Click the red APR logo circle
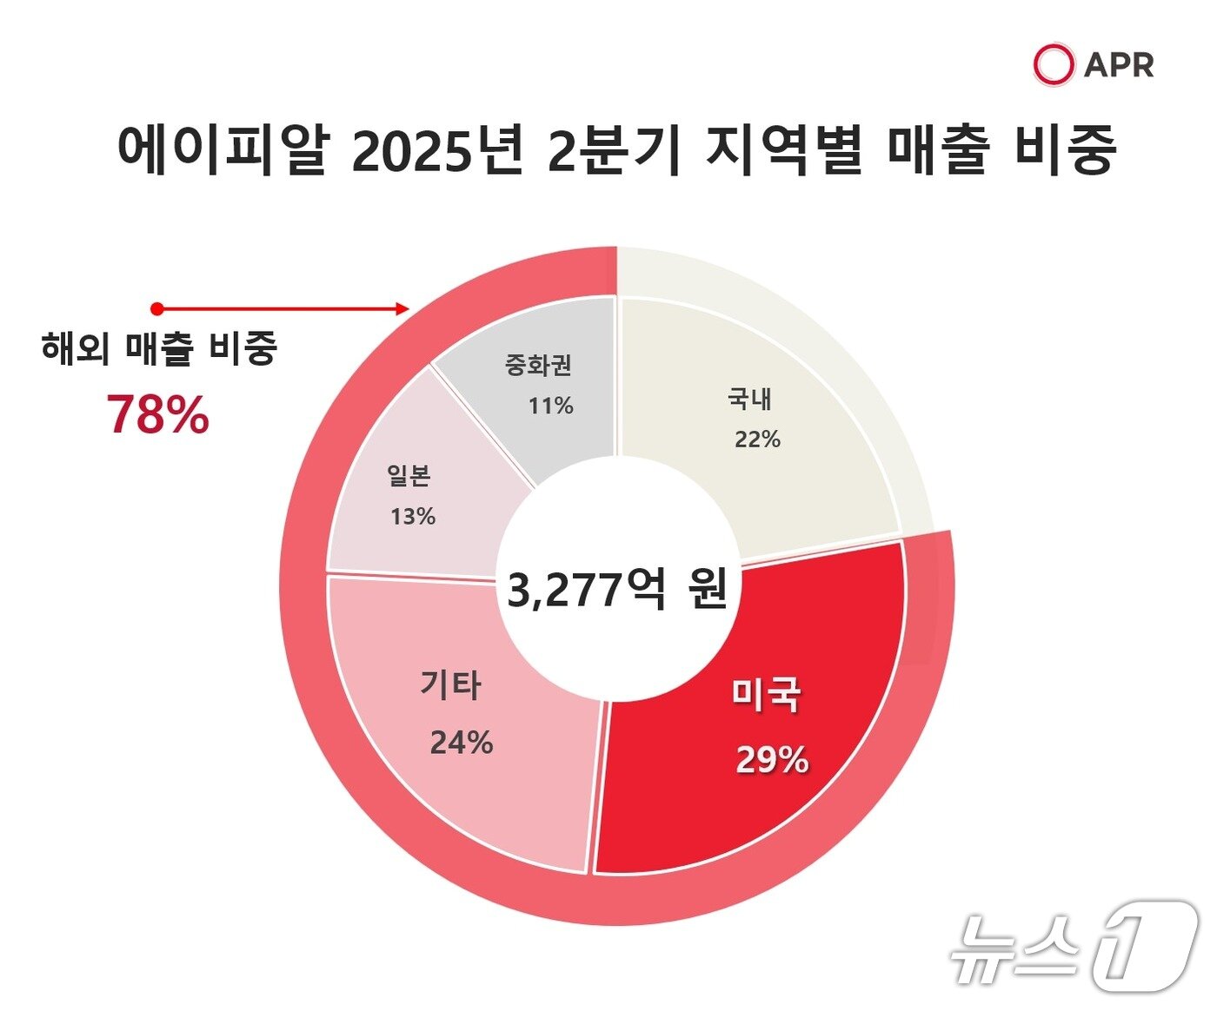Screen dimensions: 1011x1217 (x=1054, y=64)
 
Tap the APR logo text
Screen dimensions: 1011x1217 (x=1119, y=65)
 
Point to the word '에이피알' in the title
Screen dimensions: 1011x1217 (x=222, y=149)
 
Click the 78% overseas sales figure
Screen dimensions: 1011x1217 (x=158, y=415)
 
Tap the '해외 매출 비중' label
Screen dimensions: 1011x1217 (x=158, y=348)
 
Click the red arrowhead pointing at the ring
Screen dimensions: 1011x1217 (x=402, y=308)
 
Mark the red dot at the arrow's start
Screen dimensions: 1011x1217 (x=156, y=308)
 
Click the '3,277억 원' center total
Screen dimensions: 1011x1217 (x=616, y=591)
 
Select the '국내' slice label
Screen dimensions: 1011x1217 (x=749, y=400)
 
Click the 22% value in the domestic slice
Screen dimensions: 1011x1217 (x=757, y=440)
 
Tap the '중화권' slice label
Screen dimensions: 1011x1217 (x=538, y=365)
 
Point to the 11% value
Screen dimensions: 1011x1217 (x=551, y=406)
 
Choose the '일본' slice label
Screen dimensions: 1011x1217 (x=409, y=476)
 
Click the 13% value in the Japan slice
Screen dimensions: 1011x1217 (x=413, y=517)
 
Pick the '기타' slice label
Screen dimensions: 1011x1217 (x=450, y=685)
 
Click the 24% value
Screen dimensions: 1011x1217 (x=462, y=743)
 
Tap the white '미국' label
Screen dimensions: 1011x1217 (x=765, y=695)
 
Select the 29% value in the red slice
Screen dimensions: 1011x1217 (x=772, y=760)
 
